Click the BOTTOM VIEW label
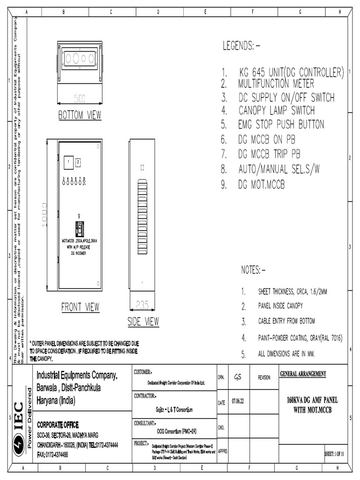click(x=80, y=115)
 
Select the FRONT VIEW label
click(x=80, y=307)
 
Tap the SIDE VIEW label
click(x=143, y=322)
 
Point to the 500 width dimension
click(x=80, y=98)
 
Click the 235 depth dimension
click(x=142, y=305)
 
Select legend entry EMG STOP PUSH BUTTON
click(x=281, y=125)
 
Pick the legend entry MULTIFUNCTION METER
click(x=276, y=84)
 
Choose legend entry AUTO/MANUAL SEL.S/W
click(x=279, y=169)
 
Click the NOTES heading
click(x=253, y=270)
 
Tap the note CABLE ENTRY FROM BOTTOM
click(x=286, y=322)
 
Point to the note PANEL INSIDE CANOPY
click(x=280, y=307)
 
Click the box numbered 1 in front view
click(x=68, y=162)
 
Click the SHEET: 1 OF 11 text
click(x=335, y=454)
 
